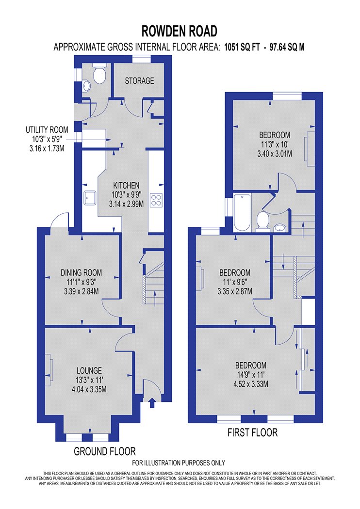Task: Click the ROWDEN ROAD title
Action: click(x=180, y=32)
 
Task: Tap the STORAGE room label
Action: click(x=139, y=80)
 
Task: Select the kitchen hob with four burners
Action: click(x=156, y=200)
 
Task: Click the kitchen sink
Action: click(x=90, y=198)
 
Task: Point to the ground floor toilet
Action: click(x=99, y=73)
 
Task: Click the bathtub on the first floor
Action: click(x=242, y=213)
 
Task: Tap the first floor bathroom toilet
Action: click(x=262, y=222)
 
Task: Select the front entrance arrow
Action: click(x=151, y=403)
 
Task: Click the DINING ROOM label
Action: click(x=81, y=272)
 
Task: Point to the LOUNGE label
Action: click(x=89, y=370)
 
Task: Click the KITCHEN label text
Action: click(x=126, y=185)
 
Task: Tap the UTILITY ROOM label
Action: click(x=47, y=130)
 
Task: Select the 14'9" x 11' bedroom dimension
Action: click(x=251, y=375)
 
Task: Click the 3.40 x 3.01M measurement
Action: click(x=275, y=154)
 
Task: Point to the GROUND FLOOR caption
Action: click(x=105, y=451)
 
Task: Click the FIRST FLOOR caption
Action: click(x=252, y=432)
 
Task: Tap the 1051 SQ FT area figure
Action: click(x=242, y=47)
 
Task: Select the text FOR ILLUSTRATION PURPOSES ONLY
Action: click(x=179, y=462)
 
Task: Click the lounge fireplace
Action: click(x=49, y=370)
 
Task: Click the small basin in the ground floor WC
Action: click(x=86, y=86)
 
